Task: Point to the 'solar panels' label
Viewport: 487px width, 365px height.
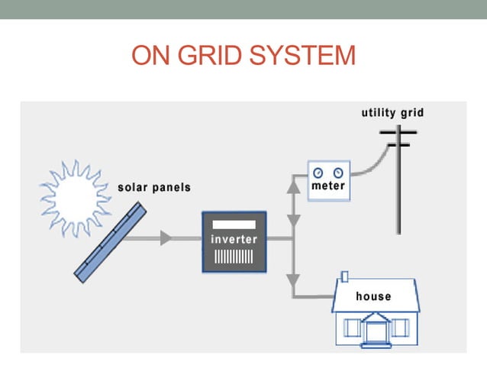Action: tap(154, 187)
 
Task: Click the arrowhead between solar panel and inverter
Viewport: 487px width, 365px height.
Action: tap(166, 238)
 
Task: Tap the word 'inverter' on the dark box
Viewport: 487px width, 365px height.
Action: tap(234, 240)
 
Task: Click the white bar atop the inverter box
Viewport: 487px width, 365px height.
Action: tap(234, 225)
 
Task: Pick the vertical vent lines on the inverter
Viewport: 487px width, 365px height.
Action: tap(234, 256)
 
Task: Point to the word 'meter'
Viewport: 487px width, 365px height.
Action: tap(328, 186)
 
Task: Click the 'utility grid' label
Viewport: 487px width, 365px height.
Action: tap(392, 113)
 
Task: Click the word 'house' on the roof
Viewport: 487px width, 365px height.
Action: tap(373, 296)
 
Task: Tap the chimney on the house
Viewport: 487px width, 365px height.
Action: tap(344, 276)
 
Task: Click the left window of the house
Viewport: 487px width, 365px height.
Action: tap(352, 328)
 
